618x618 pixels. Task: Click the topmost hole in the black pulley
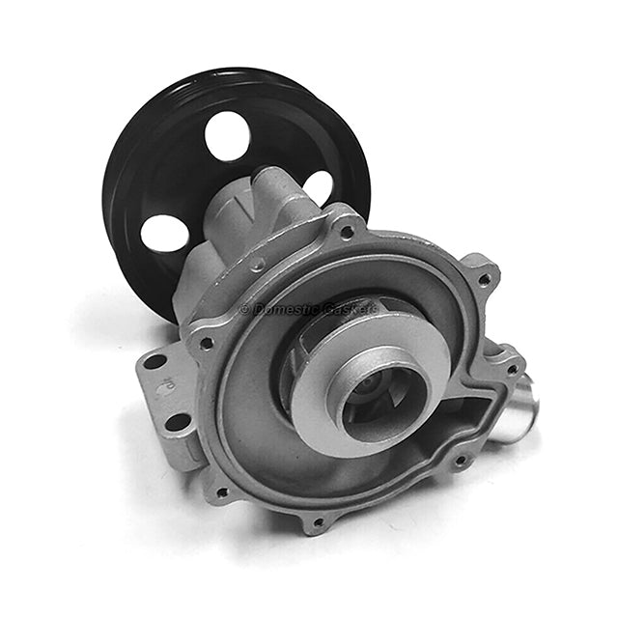click(x=228, y=136)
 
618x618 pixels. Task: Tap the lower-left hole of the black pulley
click(x=165, y=233)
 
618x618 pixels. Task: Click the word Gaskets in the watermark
click(x=347, y=309)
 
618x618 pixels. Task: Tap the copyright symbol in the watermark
click(x=244, y=309)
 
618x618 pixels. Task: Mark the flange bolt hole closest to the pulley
click(x=346, y=232)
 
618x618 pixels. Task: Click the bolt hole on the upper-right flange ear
click(x=483, y=280)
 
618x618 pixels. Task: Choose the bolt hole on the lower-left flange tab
click(x=222, y=492)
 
